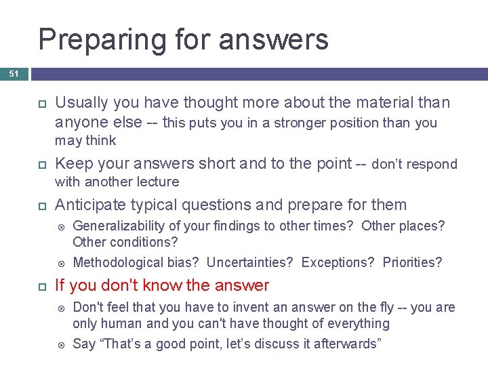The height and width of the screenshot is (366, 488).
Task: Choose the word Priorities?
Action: point(412,262)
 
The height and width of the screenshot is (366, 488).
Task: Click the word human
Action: point(122,323)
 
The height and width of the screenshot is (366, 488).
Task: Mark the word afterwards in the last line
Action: point(348,344)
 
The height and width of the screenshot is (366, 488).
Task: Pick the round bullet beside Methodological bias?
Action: point(60,263)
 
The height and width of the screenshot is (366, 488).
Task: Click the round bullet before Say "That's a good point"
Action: point(60,344)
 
